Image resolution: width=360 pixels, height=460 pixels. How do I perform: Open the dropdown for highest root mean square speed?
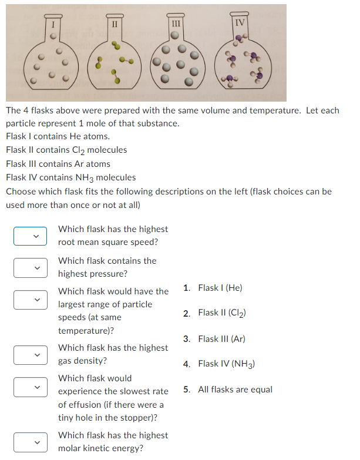(x=31, y=236)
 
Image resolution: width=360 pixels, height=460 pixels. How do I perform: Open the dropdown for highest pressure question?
(x=31, y=267)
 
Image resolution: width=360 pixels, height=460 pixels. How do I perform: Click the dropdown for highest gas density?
(x=31, y=355)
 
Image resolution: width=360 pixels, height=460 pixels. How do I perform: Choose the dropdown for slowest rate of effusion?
(x=31, y=387)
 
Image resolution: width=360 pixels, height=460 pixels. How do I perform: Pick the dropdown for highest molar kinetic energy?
(x=31, y=442)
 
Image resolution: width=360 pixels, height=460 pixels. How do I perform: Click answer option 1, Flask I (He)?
(x=220, y=288)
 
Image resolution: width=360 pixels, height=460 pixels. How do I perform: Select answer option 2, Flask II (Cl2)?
(x=221, y=313)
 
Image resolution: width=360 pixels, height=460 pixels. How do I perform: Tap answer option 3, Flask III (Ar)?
(x=221, y=339)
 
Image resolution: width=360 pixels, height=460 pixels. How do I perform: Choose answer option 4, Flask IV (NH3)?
(x=226, y=364)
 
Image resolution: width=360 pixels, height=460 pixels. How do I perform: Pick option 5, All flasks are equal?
(x=235, y=390)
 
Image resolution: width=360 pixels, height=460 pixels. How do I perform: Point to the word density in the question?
(x=91, y=361)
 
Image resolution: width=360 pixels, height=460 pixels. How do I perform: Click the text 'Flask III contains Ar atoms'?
(x=58, y=164)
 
